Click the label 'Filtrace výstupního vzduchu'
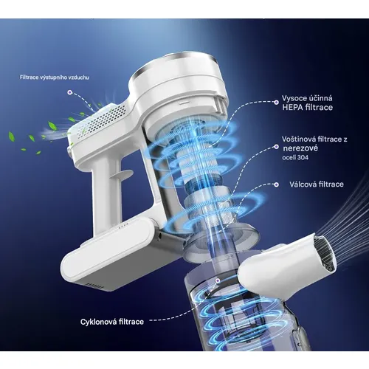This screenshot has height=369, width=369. [x=55, y=77]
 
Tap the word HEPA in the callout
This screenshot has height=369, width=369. [x=292, y=108]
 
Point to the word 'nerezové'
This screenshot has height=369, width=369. [x=297, y=148]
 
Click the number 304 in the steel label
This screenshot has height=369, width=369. [x=303, y=157]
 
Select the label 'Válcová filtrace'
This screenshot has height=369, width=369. [x=317, y=184]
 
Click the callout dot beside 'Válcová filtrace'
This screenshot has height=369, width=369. [x=276, y=184]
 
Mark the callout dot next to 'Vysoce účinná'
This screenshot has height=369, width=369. [x=276, y=102]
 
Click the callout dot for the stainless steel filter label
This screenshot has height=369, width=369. [x=276, y=147]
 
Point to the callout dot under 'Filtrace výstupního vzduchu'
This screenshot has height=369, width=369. [x=70, y=92]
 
